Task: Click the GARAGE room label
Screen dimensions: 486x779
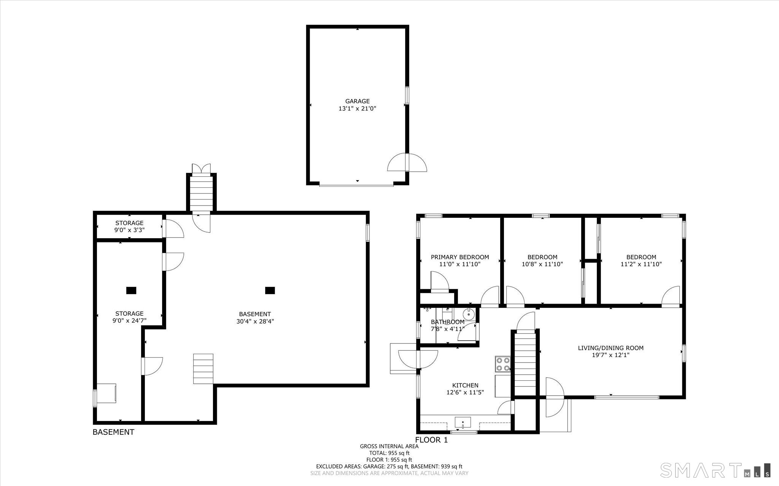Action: pyautogui.click(x=357, y=101)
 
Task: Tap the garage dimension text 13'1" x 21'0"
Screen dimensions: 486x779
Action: pyautogui.click(x=357, y=108)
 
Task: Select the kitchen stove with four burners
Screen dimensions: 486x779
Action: pyautogui.click(x=502, y=364)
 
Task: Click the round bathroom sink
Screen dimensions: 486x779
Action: pyautogui.click(x=469, y=314)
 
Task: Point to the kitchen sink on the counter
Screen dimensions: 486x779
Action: pyautogui.click(x=463, y=422)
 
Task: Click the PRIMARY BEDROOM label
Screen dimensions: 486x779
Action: pyautogui.click(x=459, y=257)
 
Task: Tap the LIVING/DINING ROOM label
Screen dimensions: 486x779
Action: pyautogui.click(x=610, y=348)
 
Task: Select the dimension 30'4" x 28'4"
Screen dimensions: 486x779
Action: pyautogui.click(x=255, y=321)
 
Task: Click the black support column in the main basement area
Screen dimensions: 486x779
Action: pyautogui.click(x=270, y=291)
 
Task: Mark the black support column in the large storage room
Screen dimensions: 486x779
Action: pyautogui.click(x=131, y=291)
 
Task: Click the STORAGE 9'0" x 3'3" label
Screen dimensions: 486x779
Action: pyautogui.click(x=129, y=226)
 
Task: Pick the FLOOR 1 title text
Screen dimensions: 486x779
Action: pyautogui.click(x=431, y=440)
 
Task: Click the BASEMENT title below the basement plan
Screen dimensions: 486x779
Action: pyautogui.click(x=113, y=432)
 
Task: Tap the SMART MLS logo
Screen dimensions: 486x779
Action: pyautogui.click(x=715, y=470)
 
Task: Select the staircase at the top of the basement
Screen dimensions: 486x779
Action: pyautogui.click(x=201, y=194)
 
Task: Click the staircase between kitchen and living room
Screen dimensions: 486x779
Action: pyautogui.click(x=525, y=364)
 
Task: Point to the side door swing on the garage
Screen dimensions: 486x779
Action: pyautogui.click(x=407, y=163)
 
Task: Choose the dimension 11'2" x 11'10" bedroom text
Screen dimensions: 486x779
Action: pyautogui.click(x=641, y=264)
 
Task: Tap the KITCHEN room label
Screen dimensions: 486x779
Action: pyautogui.click(x=465, y=385)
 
